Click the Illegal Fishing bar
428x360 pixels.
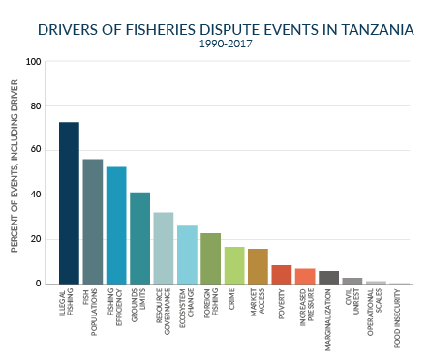69,203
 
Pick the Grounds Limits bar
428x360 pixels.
139,238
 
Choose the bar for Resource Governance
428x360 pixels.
164,249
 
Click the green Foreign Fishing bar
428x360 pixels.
210,258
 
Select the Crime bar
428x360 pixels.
234,265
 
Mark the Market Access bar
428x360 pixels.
258,266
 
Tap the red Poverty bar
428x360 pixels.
281,275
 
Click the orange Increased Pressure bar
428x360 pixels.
305,277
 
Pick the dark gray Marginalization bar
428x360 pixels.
328,278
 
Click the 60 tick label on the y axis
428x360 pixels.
36,151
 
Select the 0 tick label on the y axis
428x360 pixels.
39,285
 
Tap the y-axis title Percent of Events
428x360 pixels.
16,172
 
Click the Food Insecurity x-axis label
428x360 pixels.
399,318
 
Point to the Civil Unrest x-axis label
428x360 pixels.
352,309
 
